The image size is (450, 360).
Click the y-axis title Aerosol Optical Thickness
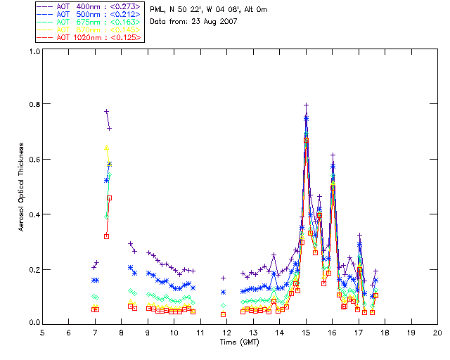tap(22, 187)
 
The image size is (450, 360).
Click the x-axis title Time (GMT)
tap(238, 342)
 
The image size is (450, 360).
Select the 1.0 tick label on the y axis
tap(34, 51)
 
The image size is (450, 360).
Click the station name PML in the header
tap(157, 10)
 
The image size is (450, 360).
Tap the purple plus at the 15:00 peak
tap(306, 105)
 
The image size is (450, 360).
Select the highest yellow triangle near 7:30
tap(106, 148)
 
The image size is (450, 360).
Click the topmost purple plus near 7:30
tap(106, 111)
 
